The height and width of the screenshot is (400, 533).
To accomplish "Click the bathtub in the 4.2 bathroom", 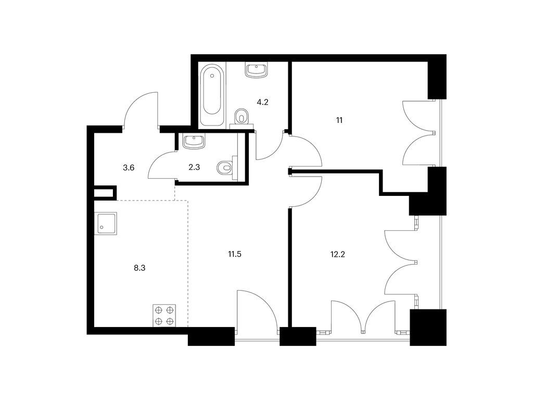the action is [x=213, y=95].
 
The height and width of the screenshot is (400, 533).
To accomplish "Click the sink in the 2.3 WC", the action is [x=194, y=141].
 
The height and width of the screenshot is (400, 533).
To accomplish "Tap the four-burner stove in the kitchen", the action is [x=165, y=316].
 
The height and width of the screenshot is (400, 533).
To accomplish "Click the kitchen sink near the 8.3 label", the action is [x=106, y=223].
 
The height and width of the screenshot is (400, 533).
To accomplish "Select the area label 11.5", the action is [x=235, y=254].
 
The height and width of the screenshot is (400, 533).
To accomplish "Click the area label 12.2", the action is [x=337, y=254].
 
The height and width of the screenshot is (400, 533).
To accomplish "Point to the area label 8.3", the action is [x=139, y=268].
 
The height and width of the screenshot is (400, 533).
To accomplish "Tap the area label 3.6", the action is [x=129, y=167].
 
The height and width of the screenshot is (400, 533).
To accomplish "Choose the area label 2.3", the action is [x=194, y=167].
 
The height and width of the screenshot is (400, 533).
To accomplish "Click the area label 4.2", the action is [x=262, y=102].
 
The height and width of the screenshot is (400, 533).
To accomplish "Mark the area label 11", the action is [x=339, y=120].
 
